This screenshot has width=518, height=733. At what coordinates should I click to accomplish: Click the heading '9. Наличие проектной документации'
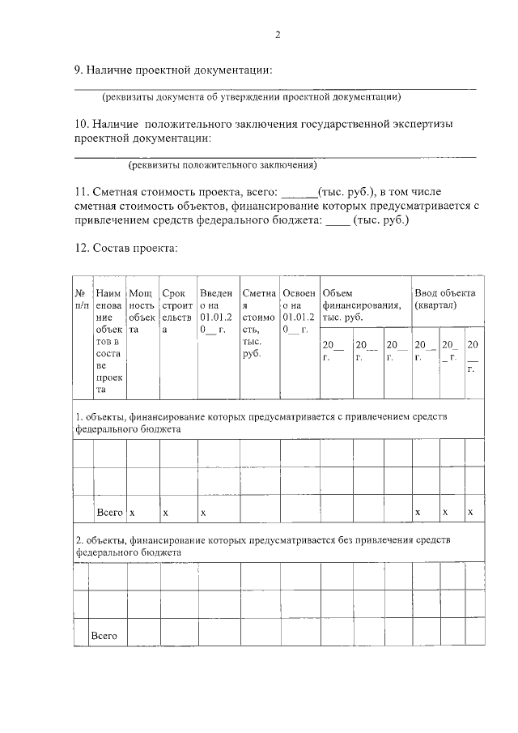pyautogui.click(x=172, y=70)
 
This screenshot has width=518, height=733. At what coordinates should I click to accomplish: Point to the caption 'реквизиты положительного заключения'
pyautogui.click(x=222, y=165)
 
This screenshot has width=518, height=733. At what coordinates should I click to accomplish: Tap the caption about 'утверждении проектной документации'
pyautogui.click(x=251, y=97)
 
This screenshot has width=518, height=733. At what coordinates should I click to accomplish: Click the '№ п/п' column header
pyautogui.click(x=81, y=298)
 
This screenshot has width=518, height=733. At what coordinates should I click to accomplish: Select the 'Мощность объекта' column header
pyautogui.click(x=142, y=311)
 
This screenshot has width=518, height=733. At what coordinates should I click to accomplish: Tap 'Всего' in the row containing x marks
pyautogui.click(x=109, y=513)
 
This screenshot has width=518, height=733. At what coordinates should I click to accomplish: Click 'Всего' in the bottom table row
pyautogui.click(x=104, y=635)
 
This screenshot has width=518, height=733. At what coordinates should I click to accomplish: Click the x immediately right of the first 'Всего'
pyautogui.click(x=133, y=514)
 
